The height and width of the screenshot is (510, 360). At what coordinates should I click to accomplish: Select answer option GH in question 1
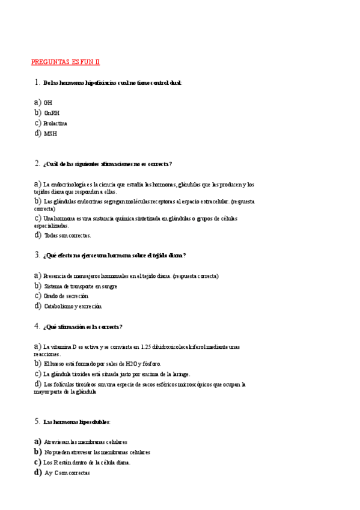(x=48, y=103)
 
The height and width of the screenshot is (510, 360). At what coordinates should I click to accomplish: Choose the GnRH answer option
(x=52, y=113)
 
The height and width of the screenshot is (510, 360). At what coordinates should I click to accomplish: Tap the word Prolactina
(x=55, y=123)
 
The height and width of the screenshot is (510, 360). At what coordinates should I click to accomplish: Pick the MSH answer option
(x=50, y=134)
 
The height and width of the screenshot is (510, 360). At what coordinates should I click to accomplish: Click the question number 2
(x=37, y=164)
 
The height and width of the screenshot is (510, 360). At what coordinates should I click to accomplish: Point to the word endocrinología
(x=69, y=185)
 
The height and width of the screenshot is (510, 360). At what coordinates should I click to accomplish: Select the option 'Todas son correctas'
(x=67, y=236)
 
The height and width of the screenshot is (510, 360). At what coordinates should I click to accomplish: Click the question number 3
(x=37, y=255)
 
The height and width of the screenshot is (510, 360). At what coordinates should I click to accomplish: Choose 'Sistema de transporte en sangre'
(x=80, y=286)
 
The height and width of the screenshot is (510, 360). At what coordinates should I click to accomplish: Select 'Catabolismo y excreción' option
(x=73, y=306)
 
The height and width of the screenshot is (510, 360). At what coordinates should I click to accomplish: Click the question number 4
(x=37, y=327)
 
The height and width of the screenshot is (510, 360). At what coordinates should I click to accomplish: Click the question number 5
(x=37, y=422)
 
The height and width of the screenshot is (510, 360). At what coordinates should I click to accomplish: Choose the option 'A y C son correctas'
(x=67, y=473)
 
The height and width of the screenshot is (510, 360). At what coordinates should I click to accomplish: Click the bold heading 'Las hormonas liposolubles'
(x=77, y=422)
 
